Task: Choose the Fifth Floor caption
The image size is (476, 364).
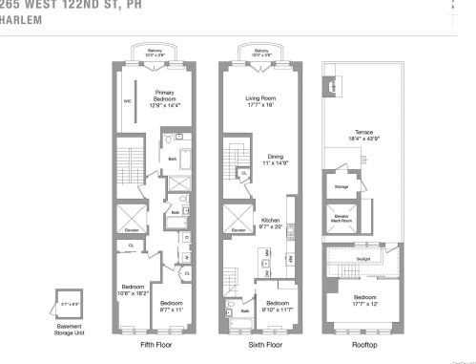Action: click(155, 344)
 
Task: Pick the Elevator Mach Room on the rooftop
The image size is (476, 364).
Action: click(341, 220)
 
